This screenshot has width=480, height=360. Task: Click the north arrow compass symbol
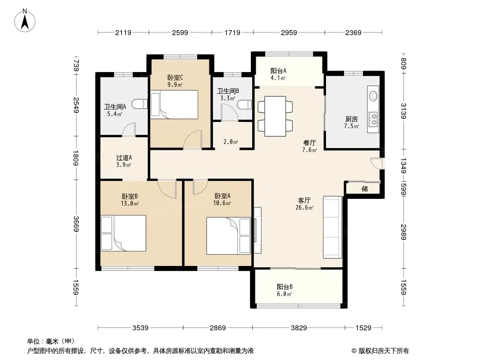coord(25,21)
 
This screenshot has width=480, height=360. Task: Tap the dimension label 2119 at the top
coord(123,32)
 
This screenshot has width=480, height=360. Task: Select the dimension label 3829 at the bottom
coord(299,328)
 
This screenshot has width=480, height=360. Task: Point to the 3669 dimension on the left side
coord(76,224)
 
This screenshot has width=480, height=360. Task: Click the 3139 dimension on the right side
coord(404,111)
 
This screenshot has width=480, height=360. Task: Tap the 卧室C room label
coord(175,78)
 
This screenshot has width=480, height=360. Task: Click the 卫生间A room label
coord(115,107)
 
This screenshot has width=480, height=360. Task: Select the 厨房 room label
coord(351,119)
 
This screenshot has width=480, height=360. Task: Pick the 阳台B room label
coord(285,287)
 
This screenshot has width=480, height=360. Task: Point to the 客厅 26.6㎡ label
coord(304,204)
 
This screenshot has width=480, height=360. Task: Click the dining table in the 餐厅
coord(275,116)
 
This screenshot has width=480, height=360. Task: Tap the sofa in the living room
coord(332,227)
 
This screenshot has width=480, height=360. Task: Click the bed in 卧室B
coord(123,234)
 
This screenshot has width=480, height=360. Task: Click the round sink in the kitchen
coord(373,96)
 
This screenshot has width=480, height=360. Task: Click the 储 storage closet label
coord(365,189)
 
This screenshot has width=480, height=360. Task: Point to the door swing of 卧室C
coord(193,139)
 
